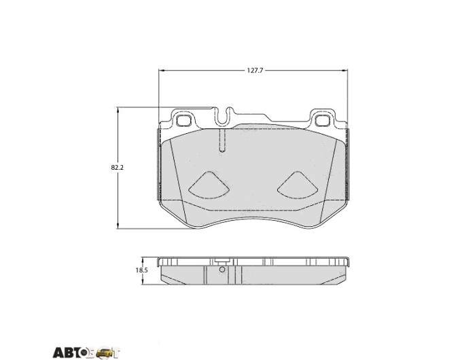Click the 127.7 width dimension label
255,71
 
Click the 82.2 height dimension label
118,168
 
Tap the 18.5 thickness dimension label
141,270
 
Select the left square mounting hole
183,120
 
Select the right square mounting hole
322,120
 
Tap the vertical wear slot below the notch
223,141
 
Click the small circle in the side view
222,270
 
